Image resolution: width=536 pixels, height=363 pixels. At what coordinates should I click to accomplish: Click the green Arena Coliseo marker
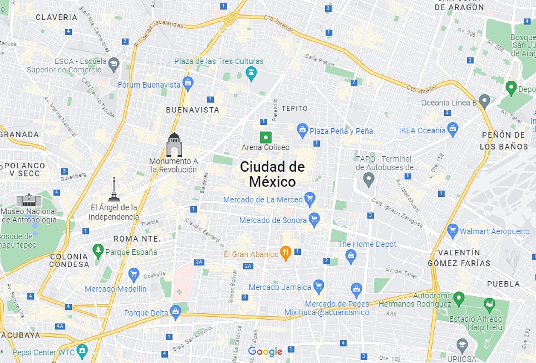click(265, 137)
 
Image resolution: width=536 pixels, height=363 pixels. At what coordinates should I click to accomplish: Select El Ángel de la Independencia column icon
click(114, 190)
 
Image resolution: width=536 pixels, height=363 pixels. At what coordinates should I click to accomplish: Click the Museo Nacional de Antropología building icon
click(29, 200)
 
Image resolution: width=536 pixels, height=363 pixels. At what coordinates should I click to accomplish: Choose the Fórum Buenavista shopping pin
click(188, 83)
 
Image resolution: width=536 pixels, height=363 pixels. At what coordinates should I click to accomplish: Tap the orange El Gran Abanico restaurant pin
click(286, 253)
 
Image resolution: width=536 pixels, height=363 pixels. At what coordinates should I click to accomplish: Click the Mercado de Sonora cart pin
click(314, 220)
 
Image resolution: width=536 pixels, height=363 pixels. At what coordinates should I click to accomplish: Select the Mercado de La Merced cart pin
click(309, 199)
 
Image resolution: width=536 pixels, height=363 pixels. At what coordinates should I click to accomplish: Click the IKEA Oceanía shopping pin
click(452, 129)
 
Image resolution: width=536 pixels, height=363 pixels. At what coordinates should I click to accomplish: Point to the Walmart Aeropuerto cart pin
click(452, 231)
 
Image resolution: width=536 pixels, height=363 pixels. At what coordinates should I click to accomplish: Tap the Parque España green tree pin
click(98, 250)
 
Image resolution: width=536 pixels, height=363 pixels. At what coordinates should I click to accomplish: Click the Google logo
click(265, 352)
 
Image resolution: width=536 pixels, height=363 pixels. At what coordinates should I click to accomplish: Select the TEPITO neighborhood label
click(294, 109)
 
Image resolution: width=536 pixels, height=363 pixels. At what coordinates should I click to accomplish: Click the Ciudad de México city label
click(272, 174)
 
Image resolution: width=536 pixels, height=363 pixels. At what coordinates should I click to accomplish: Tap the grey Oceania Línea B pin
click(484, 101)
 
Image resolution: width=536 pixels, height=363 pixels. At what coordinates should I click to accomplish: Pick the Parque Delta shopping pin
click(175, 312)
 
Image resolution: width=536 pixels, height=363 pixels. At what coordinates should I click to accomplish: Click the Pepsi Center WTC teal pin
click(82, 351)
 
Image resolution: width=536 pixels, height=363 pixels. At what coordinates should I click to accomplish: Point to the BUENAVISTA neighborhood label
click(193, 110)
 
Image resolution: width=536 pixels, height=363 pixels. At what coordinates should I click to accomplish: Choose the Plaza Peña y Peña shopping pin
click(302, 130)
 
